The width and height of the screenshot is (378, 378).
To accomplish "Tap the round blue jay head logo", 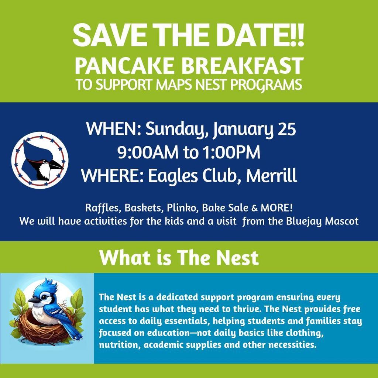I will tap(40, 160).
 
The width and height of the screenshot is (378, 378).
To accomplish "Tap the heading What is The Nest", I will tap(179, 257).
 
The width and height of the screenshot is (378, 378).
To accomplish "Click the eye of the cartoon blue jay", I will tap(44, 298).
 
